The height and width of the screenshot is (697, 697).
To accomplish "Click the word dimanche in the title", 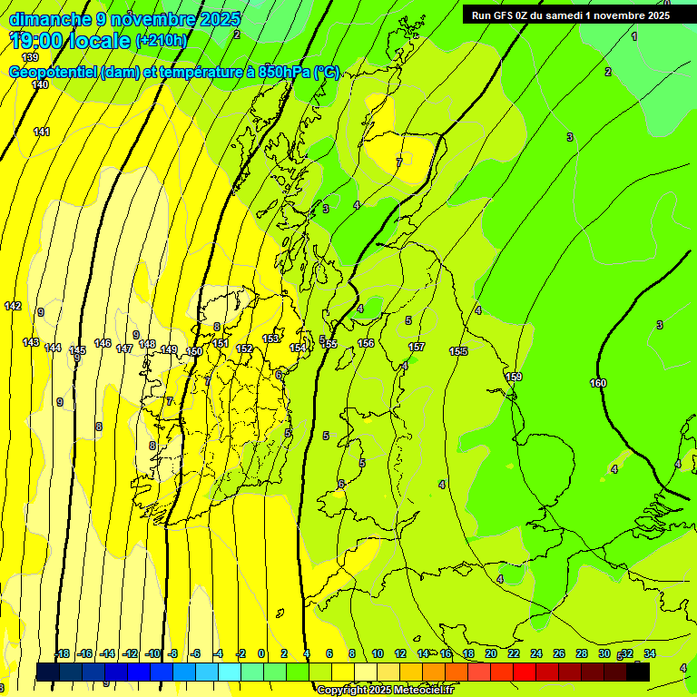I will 50,19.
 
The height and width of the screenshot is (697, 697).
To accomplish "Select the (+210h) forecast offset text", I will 162,40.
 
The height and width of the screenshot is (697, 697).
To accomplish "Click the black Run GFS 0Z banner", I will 571,15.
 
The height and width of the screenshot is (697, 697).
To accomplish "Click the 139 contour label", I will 30,57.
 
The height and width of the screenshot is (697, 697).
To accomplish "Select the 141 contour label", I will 42,132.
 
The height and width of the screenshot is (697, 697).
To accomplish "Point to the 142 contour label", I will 13,306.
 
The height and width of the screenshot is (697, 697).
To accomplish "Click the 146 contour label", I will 103,343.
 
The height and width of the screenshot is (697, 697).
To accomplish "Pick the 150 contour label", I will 194,351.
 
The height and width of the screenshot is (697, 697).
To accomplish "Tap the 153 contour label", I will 270,339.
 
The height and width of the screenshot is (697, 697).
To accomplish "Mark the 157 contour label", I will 416,347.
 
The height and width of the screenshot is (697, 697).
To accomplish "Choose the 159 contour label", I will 514,377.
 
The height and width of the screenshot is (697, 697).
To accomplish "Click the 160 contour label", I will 598,383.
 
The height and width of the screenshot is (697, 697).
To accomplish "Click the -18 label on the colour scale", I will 62,653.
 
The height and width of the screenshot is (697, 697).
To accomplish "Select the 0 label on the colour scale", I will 261,653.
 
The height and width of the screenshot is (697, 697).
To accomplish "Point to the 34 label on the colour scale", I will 650,653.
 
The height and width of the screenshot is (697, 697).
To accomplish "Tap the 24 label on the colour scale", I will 536,653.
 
